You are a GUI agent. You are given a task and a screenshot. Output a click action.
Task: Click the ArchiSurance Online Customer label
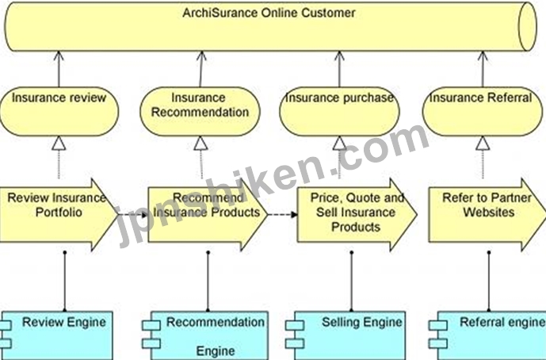[269, 13]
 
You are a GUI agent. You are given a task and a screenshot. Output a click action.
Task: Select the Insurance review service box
[59, 112]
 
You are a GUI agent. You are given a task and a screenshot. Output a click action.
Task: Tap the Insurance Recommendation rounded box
[200, 112]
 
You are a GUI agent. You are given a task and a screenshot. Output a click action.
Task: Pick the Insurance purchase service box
[339, 112]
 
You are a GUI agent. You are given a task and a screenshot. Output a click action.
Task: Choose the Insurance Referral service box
[483, 112]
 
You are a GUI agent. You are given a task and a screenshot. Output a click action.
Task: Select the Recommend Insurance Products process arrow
[208, 215]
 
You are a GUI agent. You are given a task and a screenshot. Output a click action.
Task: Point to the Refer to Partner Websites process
[487, 215]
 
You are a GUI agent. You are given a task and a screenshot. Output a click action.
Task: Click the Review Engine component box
[58, 335]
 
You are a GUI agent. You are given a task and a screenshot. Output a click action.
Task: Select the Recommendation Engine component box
[205, 335]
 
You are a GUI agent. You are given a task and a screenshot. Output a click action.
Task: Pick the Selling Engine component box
[346, 335]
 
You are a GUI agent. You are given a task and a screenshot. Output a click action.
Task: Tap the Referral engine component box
[487, 335]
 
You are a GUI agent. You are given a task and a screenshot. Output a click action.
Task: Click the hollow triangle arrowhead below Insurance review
[59, 144]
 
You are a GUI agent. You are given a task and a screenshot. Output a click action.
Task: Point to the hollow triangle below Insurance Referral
[483, 144]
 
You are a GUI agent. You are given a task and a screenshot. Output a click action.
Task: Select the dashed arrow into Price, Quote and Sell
[282, 215]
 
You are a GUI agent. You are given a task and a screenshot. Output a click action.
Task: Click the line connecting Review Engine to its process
[64, 281]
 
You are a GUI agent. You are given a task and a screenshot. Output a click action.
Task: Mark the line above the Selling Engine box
[351, 281]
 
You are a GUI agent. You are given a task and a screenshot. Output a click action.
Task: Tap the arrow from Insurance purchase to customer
[339, 69]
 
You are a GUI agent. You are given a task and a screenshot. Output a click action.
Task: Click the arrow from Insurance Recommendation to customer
[201, 69]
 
